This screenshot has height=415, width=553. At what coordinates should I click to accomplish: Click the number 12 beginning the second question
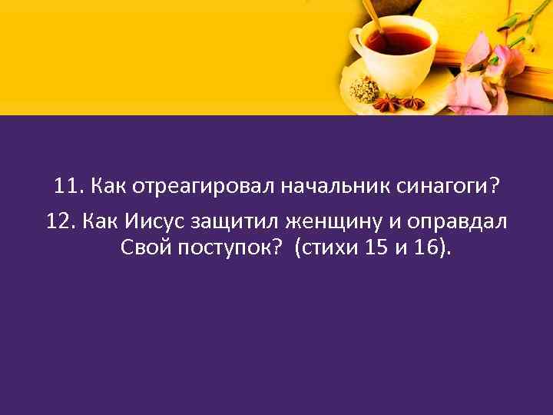point(60,222)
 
